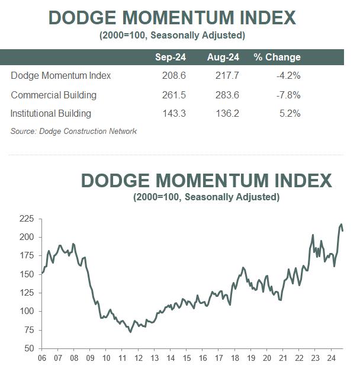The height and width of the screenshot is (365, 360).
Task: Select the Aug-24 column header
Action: tap(223, 57)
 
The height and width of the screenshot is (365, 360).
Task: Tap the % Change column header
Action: tap(277, 57)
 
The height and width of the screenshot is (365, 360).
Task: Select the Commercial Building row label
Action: tap(53, 95)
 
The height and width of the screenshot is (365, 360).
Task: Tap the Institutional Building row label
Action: tap(51, 113)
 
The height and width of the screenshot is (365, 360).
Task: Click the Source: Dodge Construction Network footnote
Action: tap(73, 131)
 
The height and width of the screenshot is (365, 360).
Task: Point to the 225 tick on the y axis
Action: tap(27, 219)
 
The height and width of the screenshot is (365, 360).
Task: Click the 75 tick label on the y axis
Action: tap(30, 329)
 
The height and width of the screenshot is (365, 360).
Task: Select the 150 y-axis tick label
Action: tap(27, 274)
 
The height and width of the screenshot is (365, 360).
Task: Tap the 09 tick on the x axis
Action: tap(90, 358)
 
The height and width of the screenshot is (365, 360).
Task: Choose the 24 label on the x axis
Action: tap(330, 358)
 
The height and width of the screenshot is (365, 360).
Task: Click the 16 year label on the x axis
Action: tap(202, 358)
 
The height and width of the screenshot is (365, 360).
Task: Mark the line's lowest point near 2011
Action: tap(130, 331)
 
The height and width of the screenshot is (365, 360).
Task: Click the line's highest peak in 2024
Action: tap(341, 224)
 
